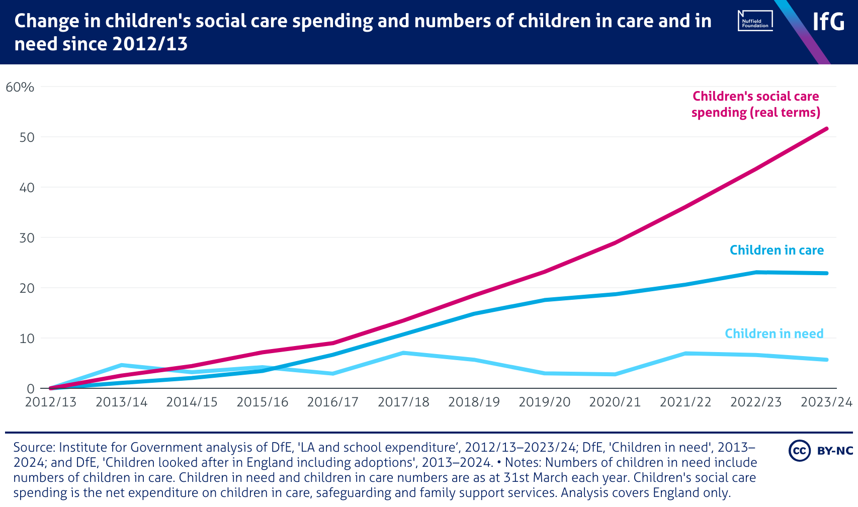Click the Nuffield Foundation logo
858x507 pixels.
click(755, 21)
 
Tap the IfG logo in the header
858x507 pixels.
click(828, 22)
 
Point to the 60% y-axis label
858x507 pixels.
click(20, 88)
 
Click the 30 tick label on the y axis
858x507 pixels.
click(27, 238)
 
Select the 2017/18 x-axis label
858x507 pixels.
click(403, 402)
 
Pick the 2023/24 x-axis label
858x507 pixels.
click(826, 402)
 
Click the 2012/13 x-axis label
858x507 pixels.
click(51, 402)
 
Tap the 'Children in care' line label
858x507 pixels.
click(777, 250)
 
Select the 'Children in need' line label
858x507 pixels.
click(774, 333)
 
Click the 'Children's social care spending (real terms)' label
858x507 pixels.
click(755, 104)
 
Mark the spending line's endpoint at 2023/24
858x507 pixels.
click(827, 129)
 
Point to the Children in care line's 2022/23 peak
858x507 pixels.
click(756, 273)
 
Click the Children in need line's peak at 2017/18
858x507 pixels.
click(403, 353)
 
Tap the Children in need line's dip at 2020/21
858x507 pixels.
click(615, 374)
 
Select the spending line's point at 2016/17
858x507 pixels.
click(333, 343)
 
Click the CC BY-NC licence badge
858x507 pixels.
click(820, 450)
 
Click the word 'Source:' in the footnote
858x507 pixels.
click(34, 447)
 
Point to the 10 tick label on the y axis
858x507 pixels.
click(27, 339)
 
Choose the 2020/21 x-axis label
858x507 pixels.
click(615, 402)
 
